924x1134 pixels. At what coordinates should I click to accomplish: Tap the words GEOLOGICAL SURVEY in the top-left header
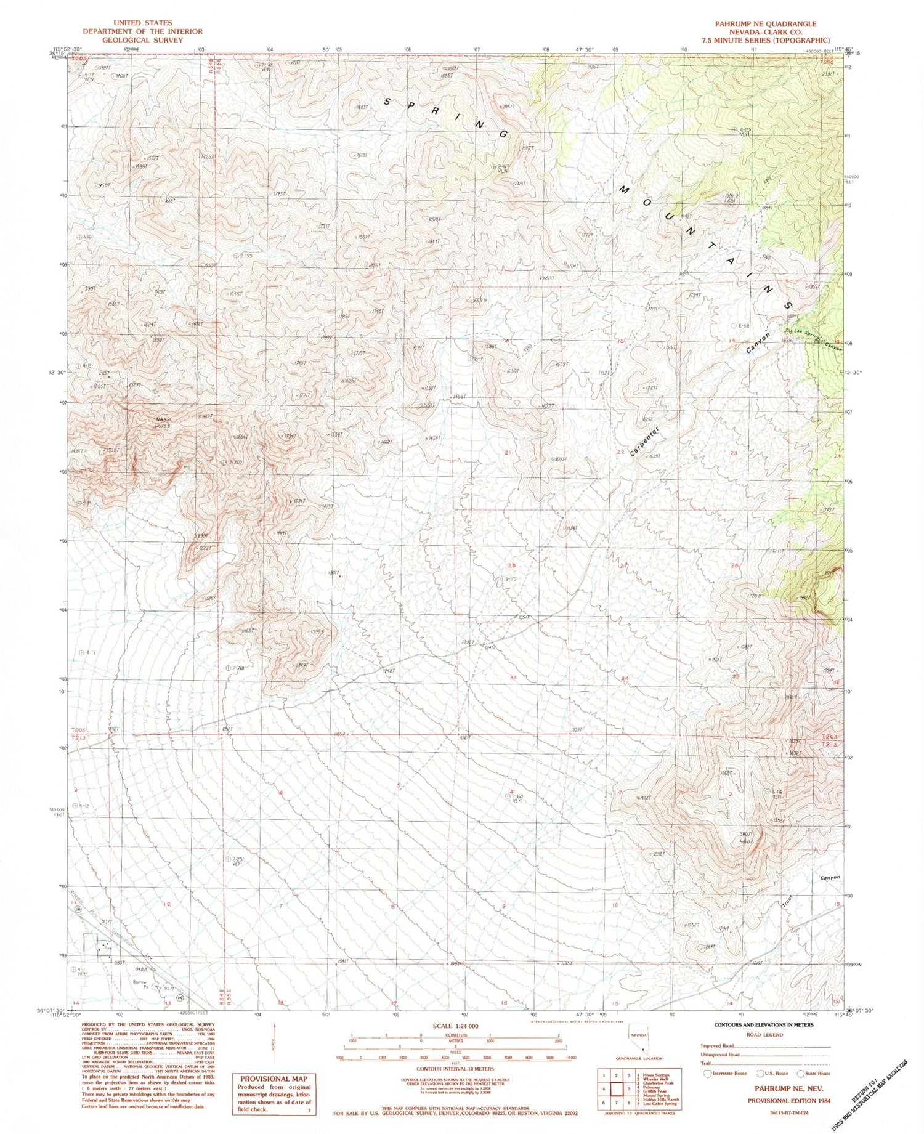142,39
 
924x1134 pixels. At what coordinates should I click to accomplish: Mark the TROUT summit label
747,835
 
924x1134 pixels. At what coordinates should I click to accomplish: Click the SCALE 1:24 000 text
456,1027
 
